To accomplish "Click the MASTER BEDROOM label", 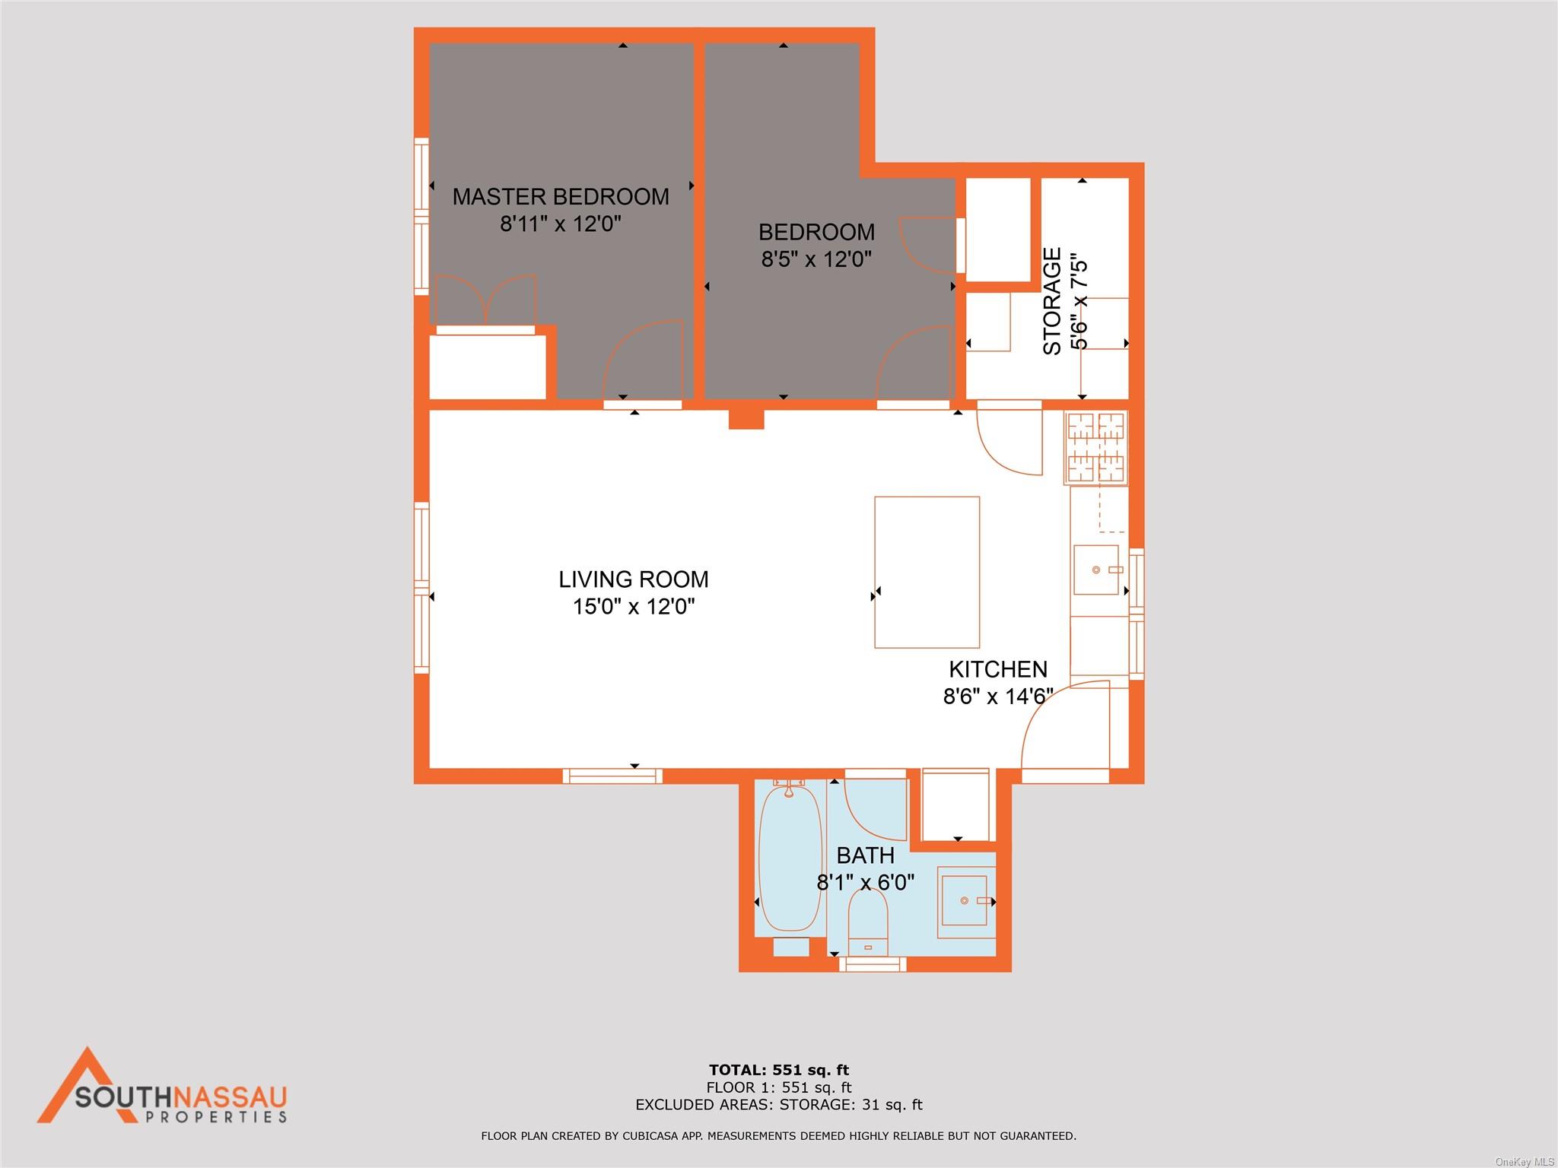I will [x=561, y=197].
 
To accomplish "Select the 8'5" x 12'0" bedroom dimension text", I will [x=816, y=259].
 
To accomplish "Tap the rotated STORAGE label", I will [x=1052, y=301].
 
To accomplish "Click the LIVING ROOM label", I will [x=633, y=579].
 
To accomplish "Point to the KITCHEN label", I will [x=997, y=669].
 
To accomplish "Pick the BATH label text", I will [x=865, y=855].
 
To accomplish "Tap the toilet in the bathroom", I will [x=868, y=923].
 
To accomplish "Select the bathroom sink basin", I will [x=965, y=900].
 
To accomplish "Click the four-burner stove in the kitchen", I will [x=1096, y=448].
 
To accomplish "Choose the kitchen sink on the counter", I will [x=1096, y=570].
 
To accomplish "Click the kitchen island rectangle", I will [x=927, y=572].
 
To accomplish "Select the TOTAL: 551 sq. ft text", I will [x=779, y=1071].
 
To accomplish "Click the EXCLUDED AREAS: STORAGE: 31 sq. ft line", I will [x=779, y=1105].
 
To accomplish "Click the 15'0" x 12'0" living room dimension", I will [x=634, y=607].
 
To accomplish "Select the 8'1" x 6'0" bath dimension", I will [x=865, y=883].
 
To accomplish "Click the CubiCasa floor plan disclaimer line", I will [x=778, y=1136].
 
